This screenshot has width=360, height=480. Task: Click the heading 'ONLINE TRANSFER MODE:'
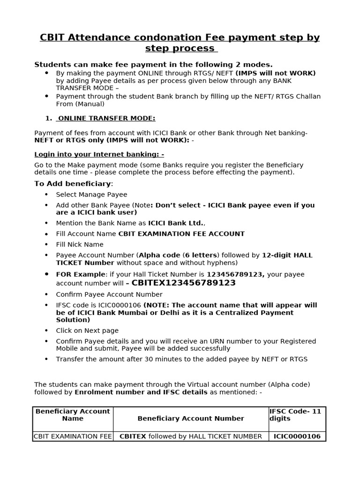click(x=106, y=119)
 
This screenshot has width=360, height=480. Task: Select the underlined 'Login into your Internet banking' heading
click(x=99, y=154)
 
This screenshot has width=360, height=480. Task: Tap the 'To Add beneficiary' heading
click(x=73, y=184)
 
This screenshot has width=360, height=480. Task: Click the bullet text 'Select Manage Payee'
click(x=91, y=195)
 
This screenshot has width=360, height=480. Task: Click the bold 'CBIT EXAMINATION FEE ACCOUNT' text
click(x=181, y=234)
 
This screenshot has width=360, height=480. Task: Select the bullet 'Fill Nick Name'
click(x=80, y=245)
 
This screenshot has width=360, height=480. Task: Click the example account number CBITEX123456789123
click(x=183, y=283)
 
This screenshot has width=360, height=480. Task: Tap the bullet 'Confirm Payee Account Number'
click(x=109, y=294)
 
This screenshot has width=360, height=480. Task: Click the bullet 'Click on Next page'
click(x=87, y=330)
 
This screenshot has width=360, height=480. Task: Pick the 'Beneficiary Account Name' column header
click(x=73, y=415)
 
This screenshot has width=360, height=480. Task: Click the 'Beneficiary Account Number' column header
click(x=190, y=418)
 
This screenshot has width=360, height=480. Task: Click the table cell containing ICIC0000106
click(x=297, y=436)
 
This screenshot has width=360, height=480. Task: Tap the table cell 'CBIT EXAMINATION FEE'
click(x=73, y=436)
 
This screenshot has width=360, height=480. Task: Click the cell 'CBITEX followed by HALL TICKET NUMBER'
click(x=190, y=436)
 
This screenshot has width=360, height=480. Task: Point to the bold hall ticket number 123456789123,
click(x=236, y=275)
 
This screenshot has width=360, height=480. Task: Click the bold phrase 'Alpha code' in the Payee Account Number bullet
click(x=159, y=255)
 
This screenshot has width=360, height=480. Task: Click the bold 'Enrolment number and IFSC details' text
click(x=141, y=392)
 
